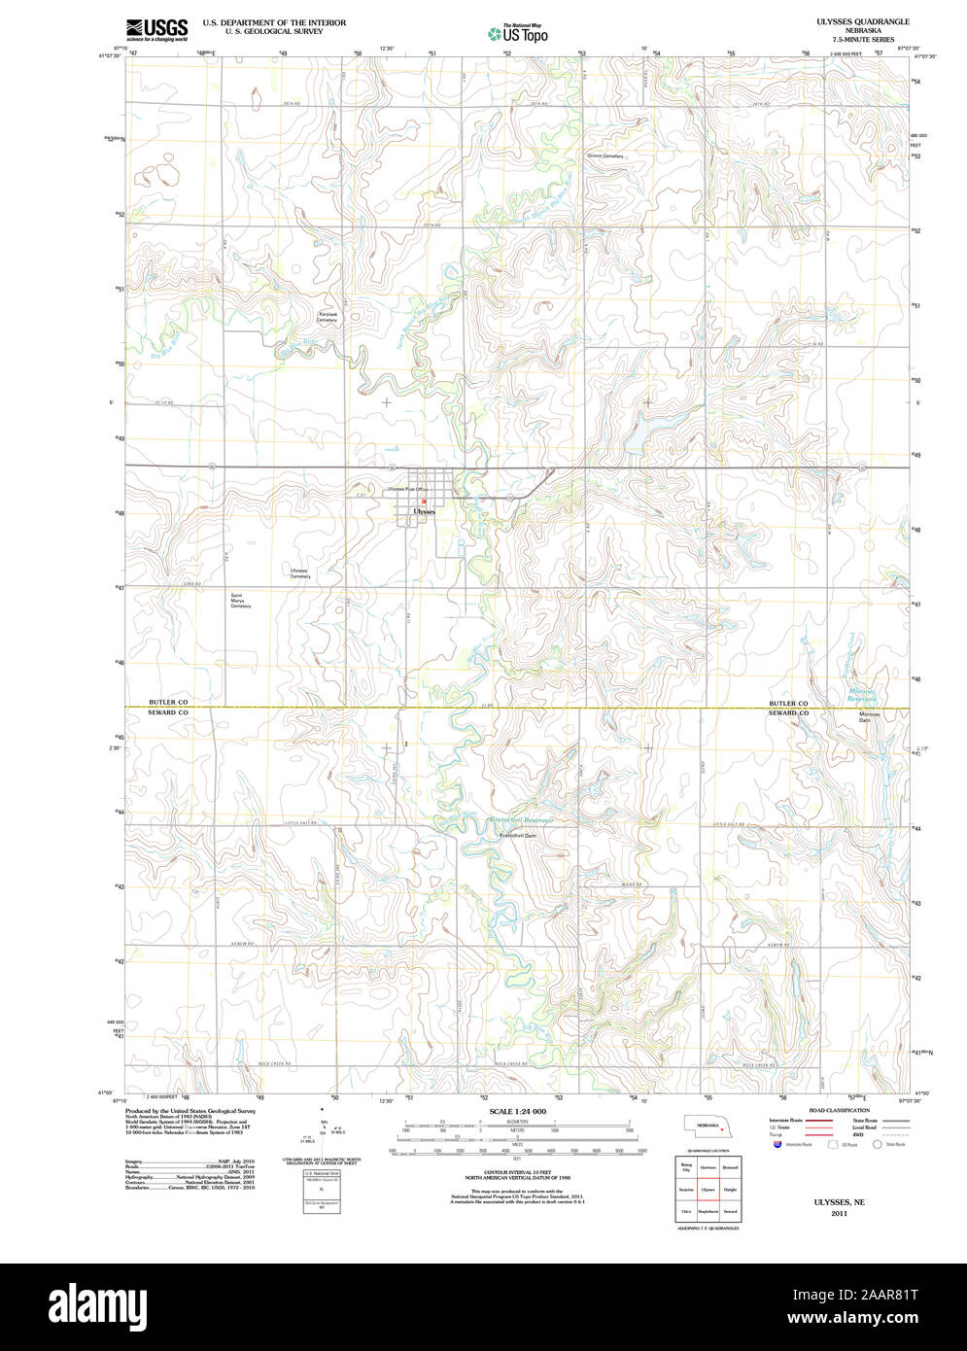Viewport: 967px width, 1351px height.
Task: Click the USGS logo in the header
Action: pyautogui.click(x=155, y=29)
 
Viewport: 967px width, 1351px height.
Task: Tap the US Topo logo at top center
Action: pyautogui.click(x=517, y=34)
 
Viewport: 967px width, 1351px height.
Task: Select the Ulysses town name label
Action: pyautogui.click(x=424, y=510)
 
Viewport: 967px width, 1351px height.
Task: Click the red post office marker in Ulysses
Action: pyautogui.click(x=424, y=502)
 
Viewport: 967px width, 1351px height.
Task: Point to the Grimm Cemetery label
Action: pyautogui.click(x=604, y=156)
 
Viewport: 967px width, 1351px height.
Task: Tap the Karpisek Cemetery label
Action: pyautogui.click(x=327, y=317)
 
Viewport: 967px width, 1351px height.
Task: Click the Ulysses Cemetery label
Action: pyautogui.click(x=299, y=573)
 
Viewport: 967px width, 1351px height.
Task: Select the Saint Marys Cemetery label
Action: pyautogui.click(x=240, y=601)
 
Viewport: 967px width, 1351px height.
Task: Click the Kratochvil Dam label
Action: pyautogui.click(x=517, y=835)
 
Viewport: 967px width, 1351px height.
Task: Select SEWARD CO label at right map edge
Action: pyautogui.click(x=788, y=713)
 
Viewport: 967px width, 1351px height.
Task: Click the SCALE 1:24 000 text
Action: pyautogui.click(x=517, y=1111)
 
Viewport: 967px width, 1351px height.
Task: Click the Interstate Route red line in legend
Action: pyautogui.click(x=822, y=1121)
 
